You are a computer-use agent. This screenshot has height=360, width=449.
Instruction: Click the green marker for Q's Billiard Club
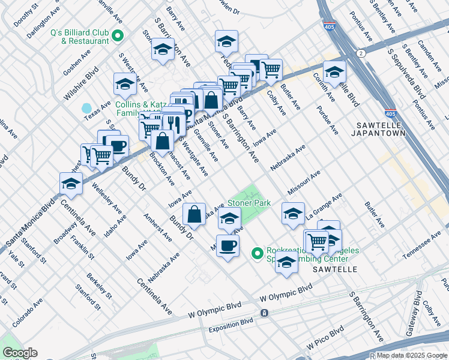[118, 35]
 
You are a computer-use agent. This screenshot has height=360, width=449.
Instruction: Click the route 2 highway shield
[361, 53]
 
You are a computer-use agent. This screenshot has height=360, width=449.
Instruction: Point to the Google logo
[20, 353]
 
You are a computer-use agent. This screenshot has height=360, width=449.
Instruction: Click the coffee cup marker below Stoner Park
[228, 245]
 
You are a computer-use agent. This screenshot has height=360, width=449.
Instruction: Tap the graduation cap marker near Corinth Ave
[334, 71]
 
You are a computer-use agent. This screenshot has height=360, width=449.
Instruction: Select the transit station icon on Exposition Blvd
[264, 313]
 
